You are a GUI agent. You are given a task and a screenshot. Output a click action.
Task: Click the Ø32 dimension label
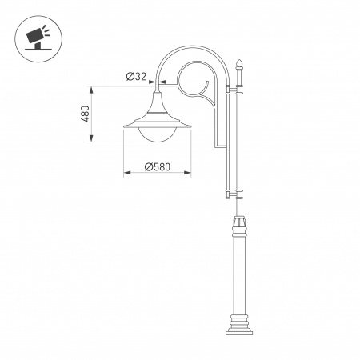[137, 77]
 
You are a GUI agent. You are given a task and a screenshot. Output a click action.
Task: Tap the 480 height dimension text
[84, 114]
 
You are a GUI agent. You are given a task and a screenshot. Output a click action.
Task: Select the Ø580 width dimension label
[158, 166]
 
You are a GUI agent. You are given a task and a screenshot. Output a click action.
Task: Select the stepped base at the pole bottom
[238, 324]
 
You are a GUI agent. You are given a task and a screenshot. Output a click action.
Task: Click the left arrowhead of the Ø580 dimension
[126, 173]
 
